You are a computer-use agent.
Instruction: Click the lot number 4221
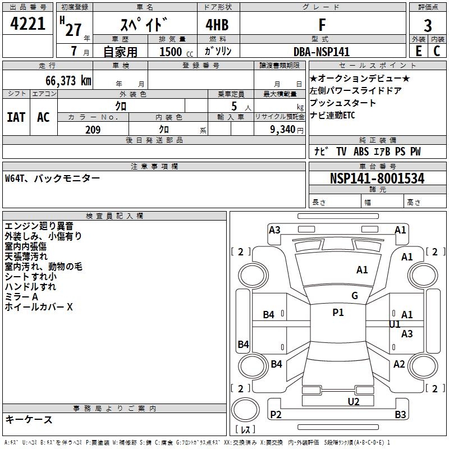pyautogui.click(x=28, y=25)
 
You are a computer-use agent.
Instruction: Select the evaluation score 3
pyautogui.click(x=428, y=25)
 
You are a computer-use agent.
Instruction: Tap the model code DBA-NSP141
pyautogui.click(x=322, y=52)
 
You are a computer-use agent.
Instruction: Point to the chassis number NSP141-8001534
pyautogui.click(x=377, y=179)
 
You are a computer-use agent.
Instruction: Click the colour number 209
pyautogui.click(x=93, y=130)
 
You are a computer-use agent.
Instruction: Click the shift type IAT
pyautogui.click(x=16, y=117)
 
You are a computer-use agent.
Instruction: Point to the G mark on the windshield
pyautogui.click(x=355, y=296)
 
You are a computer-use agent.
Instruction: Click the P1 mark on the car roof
pyautogui.click(x=338, y=313)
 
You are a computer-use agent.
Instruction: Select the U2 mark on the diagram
pyautogui.click(x=354, y=401)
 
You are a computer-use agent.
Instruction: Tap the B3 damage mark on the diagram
pyautogui.click(x=400, y=415)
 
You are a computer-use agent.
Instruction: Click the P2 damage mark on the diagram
pyautogui.click(x=276, y=415)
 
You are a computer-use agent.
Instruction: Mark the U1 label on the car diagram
pyautogui.click(x=395, y=324)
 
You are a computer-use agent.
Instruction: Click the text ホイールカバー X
pyautogui.click(x=39, y=307)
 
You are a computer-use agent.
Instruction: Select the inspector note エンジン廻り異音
pyautogui.click(x=39, y=226)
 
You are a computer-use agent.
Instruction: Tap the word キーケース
pyautogui.click(x=29, y=420)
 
